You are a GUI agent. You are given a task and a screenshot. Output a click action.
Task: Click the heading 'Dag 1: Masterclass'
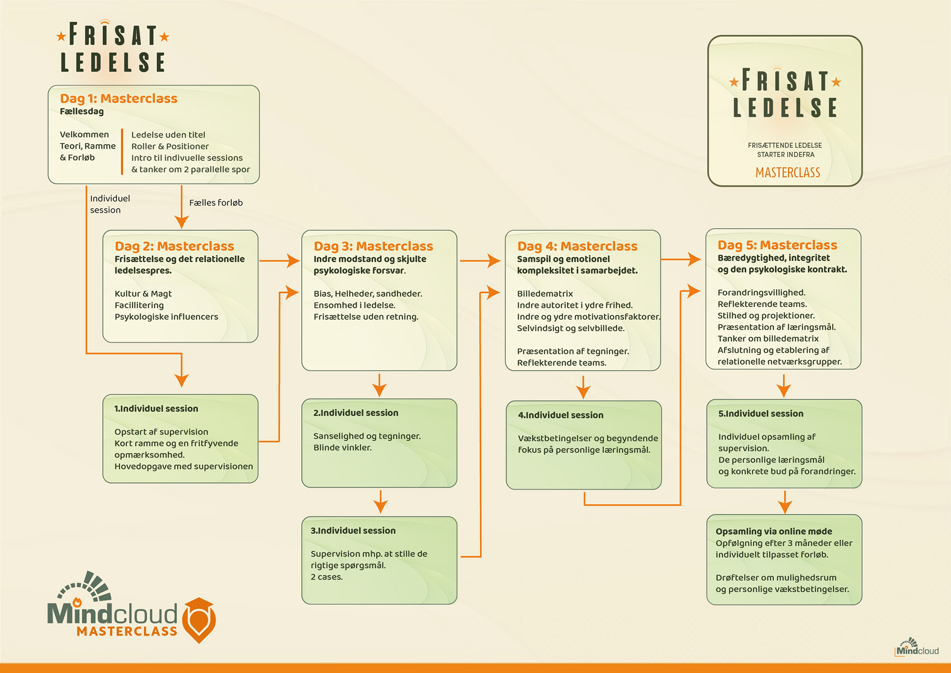pos(118,99)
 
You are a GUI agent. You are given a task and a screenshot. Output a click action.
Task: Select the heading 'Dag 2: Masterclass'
pos(174,246)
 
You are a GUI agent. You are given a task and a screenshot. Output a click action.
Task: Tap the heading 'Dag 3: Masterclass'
pos(373,246)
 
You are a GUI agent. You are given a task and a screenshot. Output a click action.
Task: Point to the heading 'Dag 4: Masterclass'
pos(577,246)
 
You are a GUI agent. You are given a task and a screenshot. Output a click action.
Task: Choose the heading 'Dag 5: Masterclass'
pos(777,245)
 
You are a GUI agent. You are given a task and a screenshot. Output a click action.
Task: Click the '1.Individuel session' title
pos(156,409)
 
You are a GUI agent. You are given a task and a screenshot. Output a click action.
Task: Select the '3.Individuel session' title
pos(353,531)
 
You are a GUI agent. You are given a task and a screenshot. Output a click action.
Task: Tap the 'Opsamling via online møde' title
pos(774,531)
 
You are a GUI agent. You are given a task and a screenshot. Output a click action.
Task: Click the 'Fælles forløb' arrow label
pos(216,203)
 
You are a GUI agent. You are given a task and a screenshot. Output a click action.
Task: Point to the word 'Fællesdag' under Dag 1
pos(82,112)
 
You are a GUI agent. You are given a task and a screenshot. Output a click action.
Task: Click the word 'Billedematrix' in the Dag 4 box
pos(545,294)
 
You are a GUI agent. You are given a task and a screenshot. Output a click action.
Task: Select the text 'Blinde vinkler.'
pos(342,448)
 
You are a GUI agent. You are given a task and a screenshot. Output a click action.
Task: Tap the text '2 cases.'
pos(326,577)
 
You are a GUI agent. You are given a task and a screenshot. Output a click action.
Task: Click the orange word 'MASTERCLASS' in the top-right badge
pos(788,172)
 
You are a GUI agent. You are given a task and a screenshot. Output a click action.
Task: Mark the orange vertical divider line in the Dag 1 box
pos(122,152)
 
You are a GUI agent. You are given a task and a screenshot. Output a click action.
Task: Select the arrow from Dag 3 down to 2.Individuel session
pos(379,385)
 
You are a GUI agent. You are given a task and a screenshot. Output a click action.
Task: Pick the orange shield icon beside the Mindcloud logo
pos(199,619)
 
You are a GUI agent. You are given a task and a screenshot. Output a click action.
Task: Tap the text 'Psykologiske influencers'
pos(166,317)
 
